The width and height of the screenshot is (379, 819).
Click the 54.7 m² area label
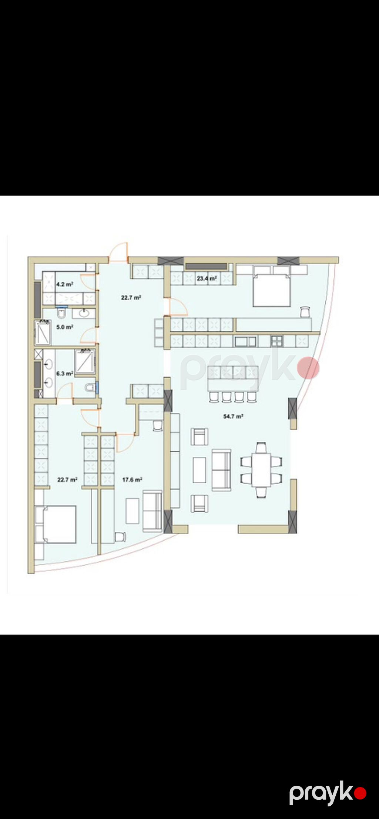[233, 416]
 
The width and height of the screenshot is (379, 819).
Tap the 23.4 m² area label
[207, 278]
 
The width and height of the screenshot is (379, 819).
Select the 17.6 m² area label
[132, 479]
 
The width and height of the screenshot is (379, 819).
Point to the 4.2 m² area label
[64, 284]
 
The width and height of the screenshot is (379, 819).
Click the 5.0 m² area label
[64, 327]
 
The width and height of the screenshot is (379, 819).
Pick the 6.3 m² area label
[64, 374]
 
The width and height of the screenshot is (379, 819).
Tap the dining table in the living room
[261, 470]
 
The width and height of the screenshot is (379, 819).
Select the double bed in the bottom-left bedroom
[56, 524]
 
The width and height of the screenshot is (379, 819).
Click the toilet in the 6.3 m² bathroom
[90, 388]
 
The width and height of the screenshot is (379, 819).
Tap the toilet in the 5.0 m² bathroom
[62, 314]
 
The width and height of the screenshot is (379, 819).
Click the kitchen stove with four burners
[276, 341]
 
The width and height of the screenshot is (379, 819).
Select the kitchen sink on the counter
[245, 341]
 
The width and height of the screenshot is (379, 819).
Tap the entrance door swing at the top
[118, 253]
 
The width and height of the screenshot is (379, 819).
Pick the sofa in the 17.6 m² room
[152, 511]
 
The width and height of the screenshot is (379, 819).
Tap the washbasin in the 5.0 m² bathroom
[83, 314]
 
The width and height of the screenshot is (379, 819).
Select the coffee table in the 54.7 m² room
[200, 470]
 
